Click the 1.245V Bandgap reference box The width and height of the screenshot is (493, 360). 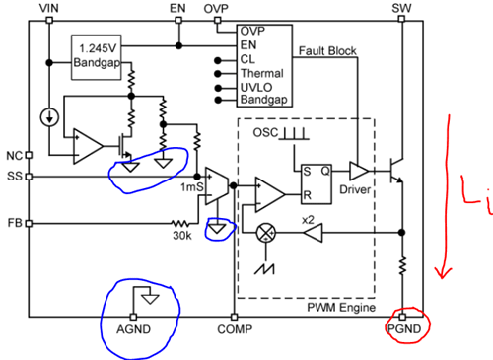(98, 56)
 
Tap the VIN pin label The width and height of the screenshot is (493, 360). (49, 8)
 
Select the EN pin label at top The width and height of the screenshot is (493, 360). (178, 8)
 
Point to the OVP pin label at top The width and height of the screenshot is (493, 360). (216, 8)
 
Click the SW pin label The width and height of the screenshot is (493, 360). (401, 8)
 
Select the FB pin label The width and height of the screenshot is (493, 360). (12, 223)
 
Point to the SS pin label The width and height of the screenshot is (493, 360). (12, 177)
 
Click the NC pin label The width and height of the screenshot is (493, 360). (12, 156)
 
